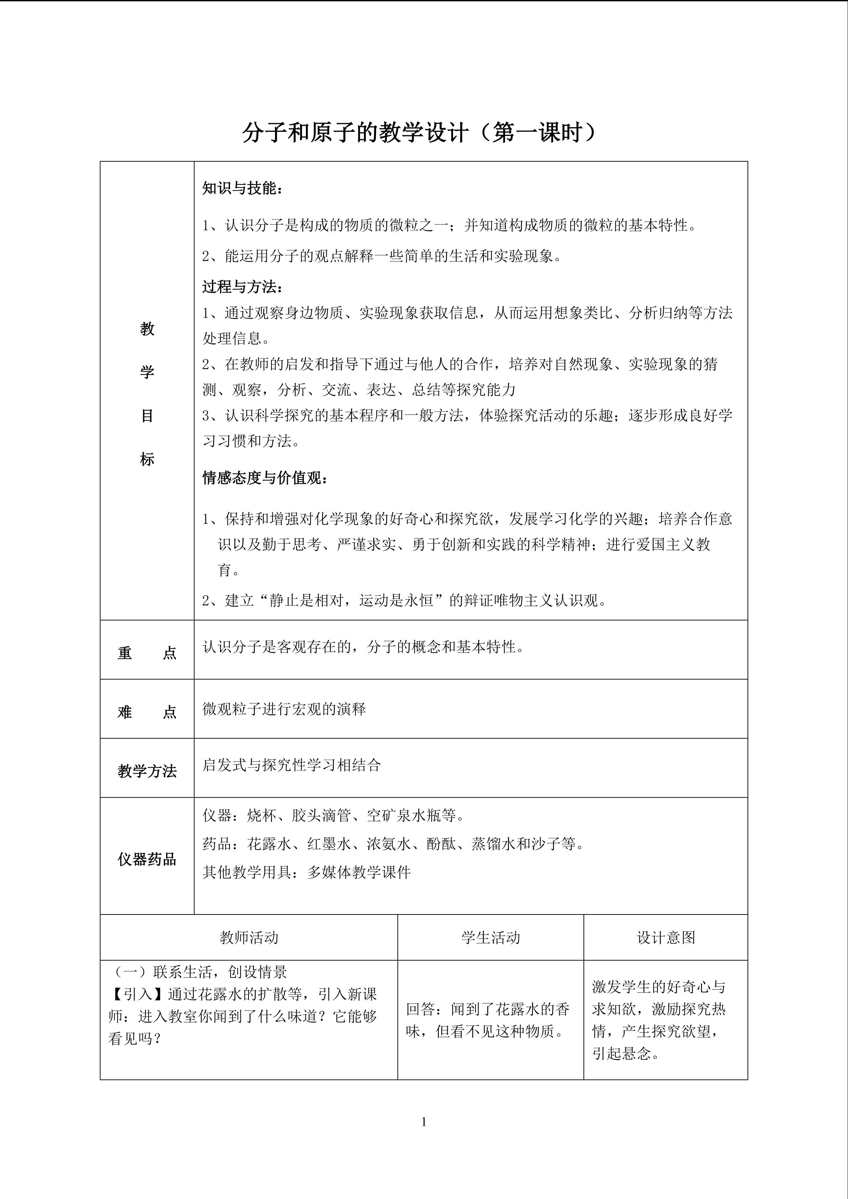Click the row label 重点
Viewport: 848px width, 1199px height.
147,653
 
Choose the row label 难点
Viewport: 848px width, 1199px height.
147,712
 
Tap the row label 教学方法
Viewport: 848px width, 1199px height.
147,771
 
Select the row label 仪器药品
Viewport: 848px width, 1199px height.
147,859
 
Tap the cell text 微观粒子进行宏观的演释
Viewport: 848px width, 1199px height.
284,709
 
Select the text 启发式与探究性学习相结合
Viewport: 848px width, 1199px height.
291,765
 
